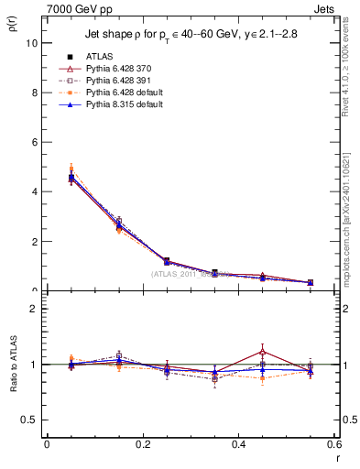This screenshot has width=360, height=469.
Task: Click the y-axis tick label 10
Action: click(31, 43)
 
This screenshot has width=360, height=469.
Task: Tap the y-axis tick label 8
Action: click(33, 93)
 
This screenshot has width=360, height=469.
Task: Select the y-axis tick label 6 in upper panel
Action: click(33, 142)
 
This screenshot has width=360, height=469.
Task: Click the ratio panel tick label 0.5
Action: click(29, 420)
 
